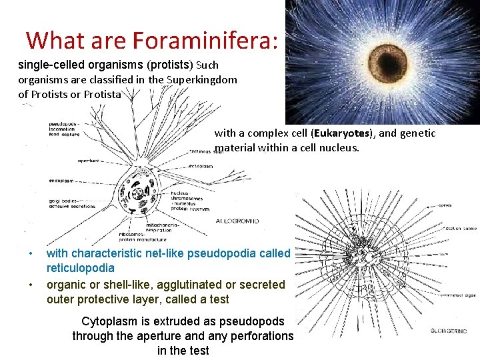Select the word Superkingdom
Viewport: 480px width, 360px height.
click(x=202, y=80)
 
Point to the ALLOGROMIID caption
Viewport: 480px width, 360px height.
click(x=237, y=221)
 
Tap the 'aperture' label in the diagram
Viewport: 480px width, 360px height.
click(x=88, y=161)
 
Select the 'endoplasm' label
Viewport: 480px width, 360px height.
click(x=61, y=181)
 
